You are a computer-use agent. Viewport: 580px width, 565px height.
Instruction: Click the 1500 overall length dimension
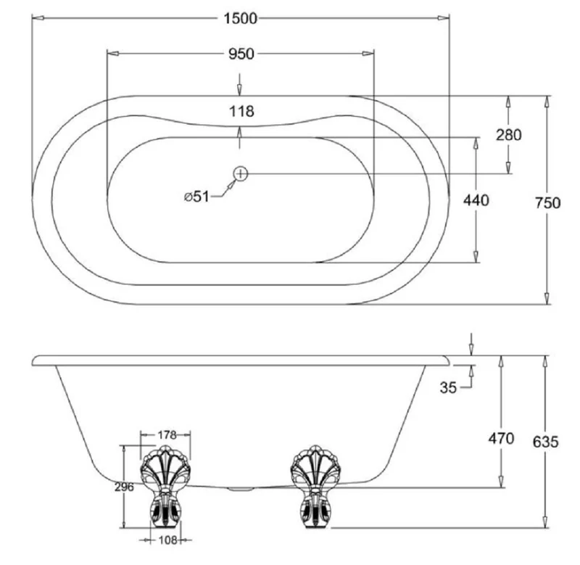click(240, 18)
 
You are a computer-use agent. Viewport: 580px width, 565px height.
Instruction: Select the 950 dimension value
click(241, 54)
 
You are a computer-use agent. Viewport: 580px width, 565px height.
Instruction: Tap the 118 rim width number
click(241, 111)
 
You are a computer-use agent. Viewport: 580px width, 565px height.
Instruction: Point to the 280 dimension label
click(509, 135)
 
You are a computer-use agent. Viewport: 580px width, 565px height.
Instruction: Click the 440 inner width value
click(476, 201)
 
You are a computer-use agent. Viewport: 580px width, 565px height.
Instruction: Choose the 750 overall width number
click(548, 203)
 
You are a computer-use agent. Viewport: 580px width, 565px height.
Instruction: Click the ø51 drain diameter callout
click(196, 197)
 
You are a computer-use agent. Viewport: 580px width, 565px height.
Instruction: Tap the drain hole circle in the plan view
click(241, 173)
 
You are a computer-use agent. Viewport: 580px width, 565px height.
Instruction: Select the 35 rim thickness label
click(448, 387)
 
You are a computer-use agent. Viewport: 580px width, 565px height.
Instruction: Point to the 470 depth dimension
click(501, 439)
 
